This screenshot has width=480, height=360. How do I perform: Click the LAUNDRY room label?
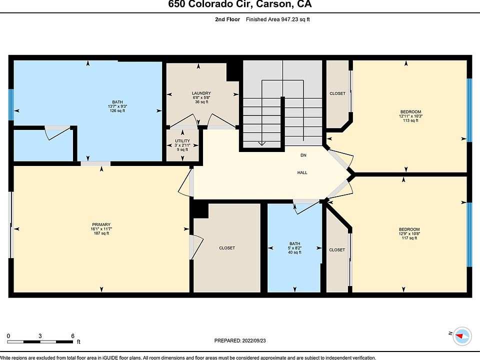pyautogui.click(x=201, y=93)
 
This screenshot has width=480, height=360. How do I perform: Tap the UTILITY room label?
pyautogui.click(x=182, y=141)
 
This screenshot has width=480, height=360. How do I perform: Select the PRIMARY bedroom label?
pyautogui.click(x=101, y=224)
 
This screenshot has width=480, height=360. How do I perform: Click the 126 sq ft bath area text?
pyautogui.click(x=117, y=111)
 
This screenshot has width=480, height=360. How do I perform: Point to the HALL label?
pyautogui.click(x=302, y=172)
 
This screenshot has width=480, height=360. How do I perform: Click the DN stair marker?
pyautogui.click(x=303, y=155)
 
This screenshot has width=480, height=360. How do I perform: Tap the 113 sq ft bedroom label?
pyautogui.click(x=410, y=120)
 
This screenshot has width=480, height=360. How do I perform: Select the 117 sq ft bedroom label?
pyautogui.click(x=409, y=238)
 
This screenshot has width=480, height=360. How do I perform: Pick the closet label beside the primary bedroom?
pyautogui.click(x=226, y=248)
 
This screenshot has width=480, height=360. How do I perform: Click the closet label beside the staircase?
pyautogui.click(x=337, y=93)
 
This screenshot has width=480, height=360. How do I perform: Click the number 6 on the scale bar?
pyautogui.click(x=72, y=335)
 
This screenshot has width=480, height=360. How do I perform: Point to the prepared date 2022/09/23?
pyautogui.click(x=240, y=340)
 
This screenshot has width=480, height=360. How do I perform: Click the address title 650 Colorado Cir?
pyautogui.click(x=239, y=5)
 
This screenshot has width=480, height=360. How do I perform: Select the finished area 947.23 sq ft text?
pyautogui.click(x=281, y=19)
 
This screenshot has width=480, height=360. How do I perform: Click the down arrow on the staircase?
pyautogui.click(x=260, y=143)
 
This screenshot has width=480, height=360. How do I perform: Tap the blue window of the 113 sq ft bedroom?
pyautogui.click(x=469, y=110)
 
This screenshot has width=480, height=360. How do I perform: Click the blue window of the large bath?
pyautogui.click(x=11, y=105)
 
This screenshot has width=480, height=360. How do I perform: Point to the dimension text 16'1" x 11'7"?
pyautogui.click(x=101, y=229)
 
